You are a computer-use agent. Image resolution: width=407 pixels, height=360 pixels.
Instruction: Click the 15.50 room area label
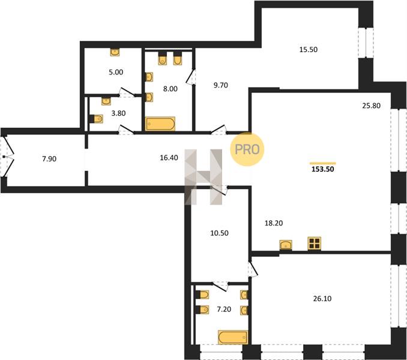tap(309, 50)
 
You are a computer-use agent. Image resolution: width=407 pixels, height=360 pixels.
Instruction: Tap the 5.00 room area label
tap(116, 72)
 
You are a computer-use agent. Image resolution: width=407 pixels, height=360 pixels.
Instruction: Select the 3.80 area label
tap(118, 113)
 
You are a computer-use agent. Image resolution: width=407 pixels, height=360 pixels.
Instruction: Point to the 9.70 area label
tap(221, 85)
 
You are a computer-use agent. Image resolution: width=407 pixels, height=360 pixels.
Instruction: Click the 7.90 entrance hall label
tap(49, 158)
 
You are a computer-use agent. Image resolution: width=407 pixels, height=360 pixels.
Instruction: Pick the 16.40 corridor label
tap(169, 157)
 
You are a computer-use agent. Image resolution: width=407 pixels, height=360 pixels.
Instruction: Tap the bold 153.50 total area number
tap(322, 169)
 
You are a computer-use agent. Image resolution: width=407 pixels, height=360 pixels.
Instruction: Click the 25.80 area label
tap(372, 106)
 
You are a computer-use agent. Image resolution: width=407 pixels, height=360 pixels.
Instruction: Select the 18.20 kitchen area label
tap(274, 223)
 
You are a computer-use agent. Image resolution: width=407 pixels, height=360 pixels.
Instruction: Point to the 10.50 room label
tap(219, 233)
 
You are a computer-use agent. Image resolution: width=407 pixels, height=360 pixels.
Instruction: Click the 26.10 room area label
tap(322, 299)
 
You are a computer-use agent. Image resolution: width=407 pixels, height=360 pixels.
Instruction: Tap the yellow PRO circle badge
tap(247, 149)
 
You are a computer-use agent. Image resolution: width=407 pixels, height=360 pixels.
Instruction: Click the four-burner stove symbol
tap(315, 244)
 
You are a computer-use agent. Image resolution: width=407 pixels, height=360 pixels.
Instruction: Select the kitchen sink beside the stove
tap(286, 245)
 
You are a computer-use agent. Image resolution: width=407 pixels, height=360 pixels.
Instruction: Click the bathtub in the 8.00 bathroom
tap(160, 124)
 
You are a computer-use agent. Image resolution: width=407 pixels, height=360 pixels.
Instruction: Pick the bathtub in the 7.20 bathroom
tap(233, 337)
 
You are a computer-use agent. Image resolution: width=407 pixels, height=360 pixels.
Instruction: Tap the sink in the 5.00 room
tap(115, 52)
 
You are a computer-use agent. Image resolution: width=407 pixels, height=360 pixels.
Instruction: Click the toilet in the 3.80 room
tap(96, 119)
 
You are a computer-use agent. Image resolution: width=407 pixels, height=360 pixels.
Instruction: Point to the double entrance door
tap(7, 157)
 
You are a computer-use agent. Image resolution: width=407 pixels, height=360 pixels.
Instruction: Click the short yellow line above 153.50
tap(323, 163)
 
